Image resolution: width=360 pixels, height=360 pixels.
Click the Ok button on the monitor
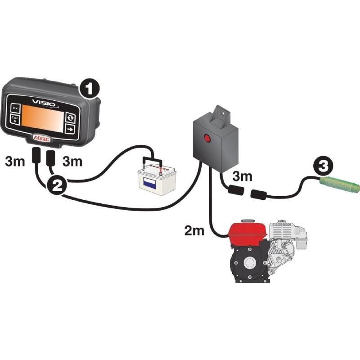tap(16, 108)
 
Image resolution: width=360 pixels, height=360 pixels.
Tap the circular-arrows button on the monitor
tap(70, 117)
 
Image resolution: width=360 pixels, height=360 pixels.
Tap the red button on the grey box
tap(207, 138)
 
